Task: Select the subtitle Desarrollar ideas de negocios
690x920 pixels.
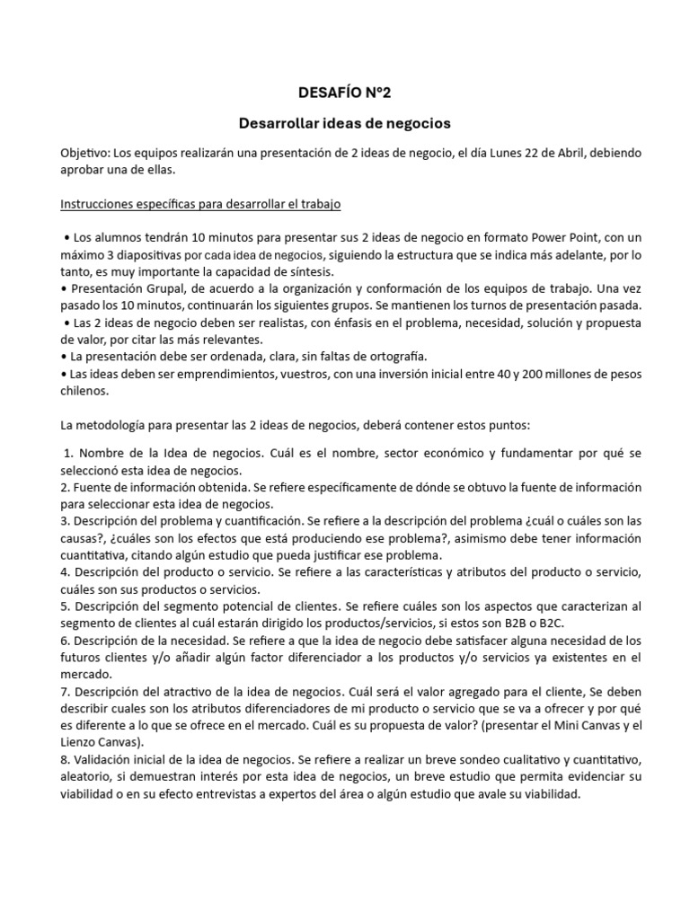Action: pyautogui.click(x=344, y=121)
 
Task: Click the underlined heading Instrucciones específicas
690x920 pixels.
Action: pyautogui.click(x=200, y=205)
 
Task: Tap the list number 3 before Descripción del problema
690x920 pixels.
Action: pyautogui.click(x=64, y=520)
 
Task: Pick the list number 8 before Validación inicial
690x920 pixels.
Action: pyautogui.click(x=64, y=759)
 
